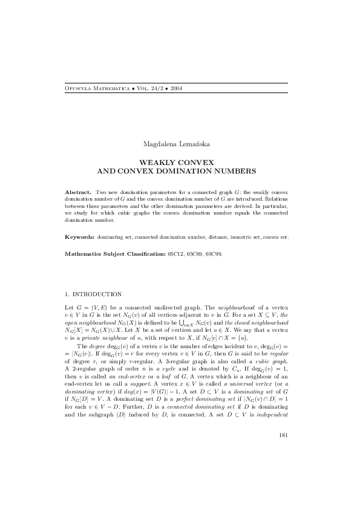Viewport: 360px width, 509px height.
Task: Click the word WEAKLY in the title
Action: pyautogui.click(x=157, y=163)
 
